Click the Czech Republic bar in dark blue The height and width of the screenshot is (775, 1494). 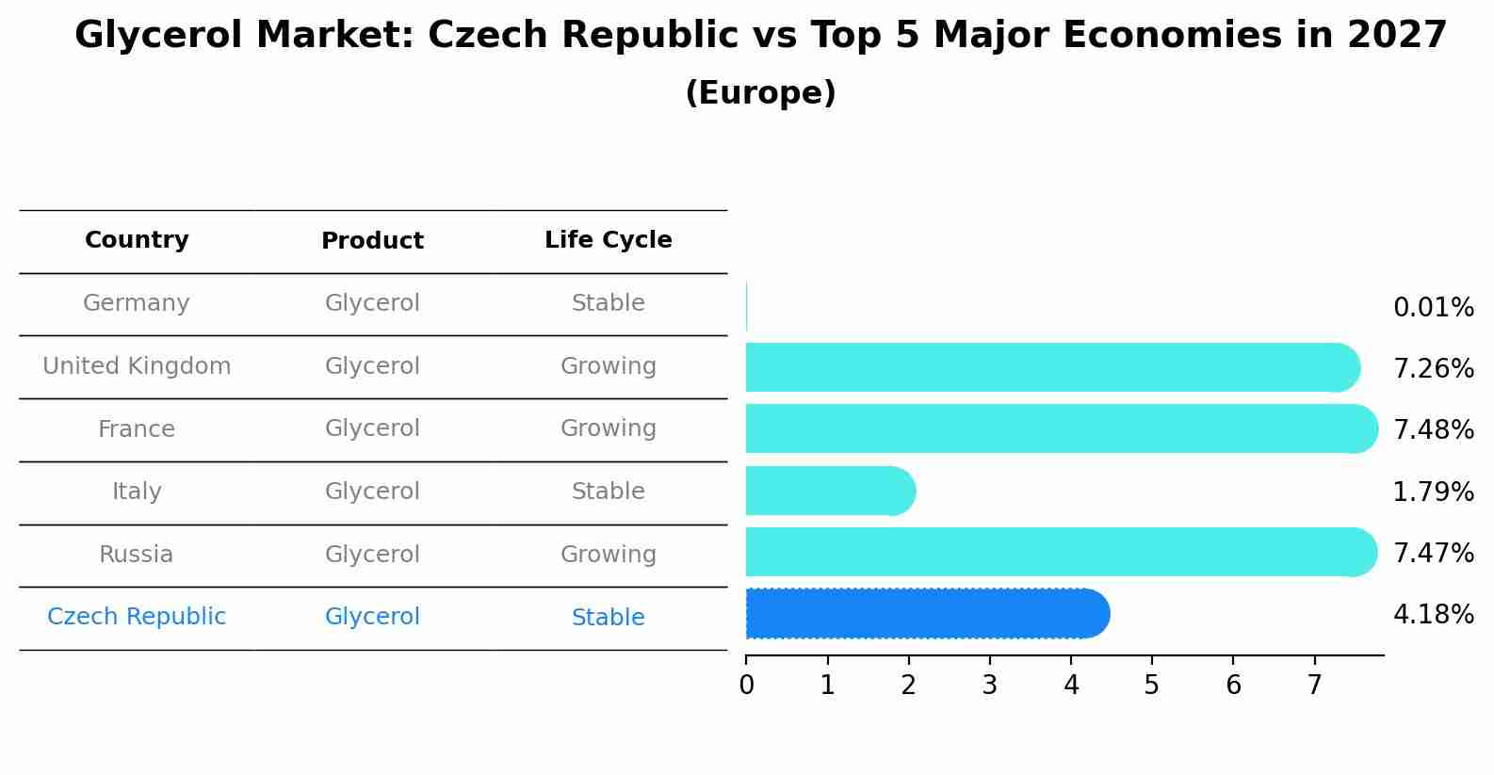click(927, 614)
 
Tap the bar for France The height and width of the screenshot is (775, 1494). click(1061, 428)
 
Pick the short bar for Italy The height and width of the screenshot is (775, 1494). click(830, 491)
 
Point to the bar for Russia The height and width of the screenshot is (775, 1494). click(1061, 552)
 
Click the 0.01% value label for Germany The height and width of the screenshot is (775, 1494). click(1433, 308)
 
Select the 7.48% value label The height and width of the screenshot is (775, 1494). click(1433, 429)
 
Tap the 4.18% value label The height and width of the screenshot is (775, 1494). click(1433, 615)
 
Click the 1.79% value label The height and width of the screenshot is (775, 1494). click(1433, 492)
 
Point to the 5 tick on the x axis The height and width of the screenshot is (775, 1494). click(1151, 686)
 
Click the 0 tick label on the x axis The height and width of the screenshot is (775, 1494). click(746, 686)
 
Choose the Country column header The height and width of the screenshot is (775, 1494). click(137, 240)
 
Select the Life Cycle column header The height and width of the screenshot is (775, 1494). click(608, 240)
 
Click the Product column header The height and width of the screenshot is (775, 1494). click(372, 241)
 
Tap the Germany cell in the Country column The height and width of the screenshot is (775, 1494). click(137, 303)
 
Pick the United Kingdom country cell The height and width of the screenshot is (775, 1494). click(137, 366)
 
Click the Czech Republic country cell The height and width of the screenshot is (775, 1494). click(137, 617)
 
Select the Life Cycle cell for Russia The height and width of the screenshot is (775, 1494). click(608, 555)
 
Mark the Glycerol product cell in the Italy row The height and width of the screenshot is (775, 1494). click(372, 492)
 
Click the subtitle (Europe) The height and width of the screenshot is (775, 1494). click(760, 93)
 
